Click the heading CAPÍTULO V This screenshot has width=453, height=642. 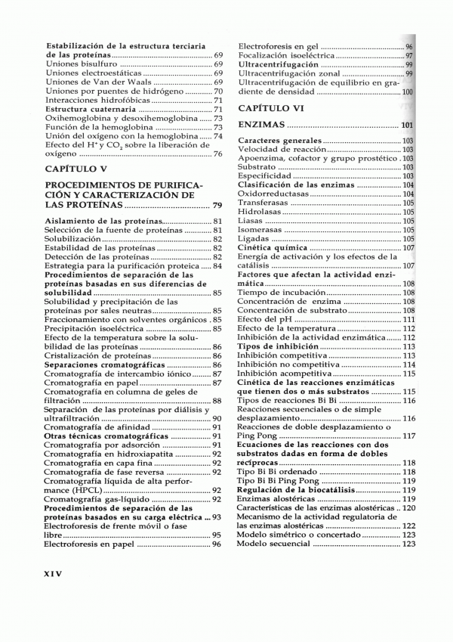coord(76,168)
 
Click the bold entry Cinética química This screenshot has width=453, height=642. coord(273,247)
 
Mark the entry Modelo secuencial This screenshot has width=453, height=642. coord(273,544)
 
